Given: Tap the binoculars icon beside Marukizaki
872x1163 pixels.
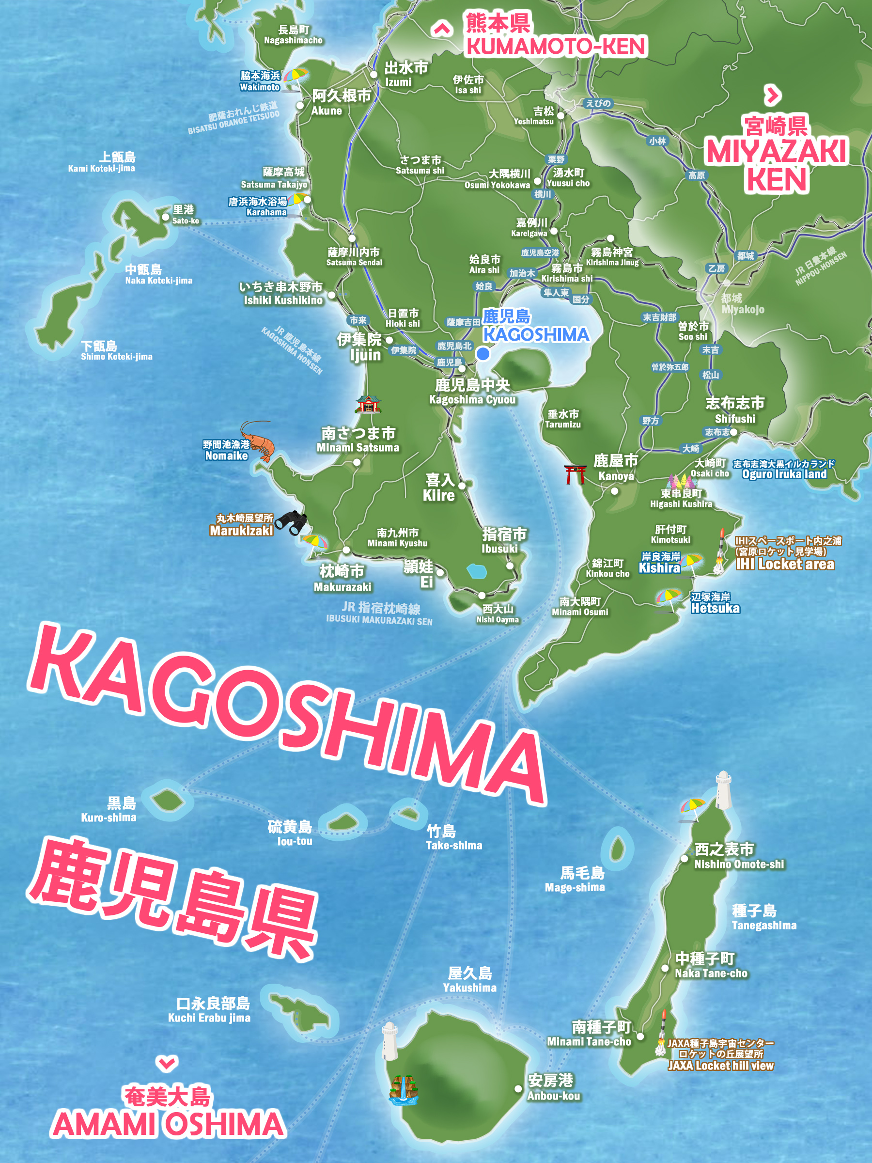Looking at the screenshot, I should tap(292, 521).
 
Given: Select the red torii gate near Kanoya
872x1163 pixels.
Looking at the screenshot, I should tap(575, 474).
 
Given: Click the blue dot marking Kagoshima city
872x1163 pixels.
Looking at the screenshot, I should tap(483, 354).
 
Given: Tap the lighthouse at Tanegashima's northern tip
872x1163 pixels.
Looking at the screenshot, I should tap(724, 790).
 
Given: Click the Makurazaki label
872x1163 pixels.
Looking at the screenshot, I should tap(342, 578).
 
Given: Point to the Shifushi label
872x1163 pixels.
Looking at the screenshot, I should tap(735, 410).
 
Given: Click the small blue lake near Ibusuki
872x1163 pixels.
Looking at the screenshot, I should tap(477, 570).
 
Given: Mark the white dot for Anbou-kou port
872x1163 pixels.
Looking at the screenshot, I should tap(518, 1089).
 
